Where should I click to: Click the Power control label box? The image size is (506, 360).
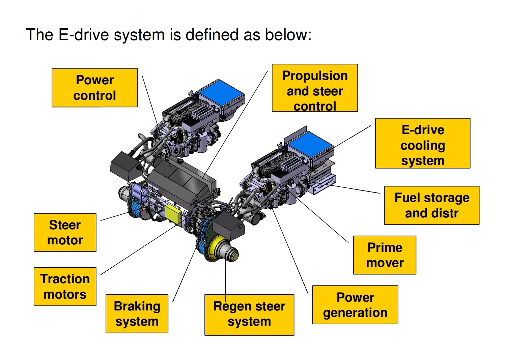tap(94, 88)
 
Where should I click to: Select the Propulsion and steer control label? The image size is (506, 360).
tap(314, 88)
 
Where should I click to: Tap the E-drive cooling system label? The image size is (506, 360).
tap(422, 143)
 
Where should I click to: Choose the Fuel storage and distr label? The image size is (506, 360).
tap(431, 205)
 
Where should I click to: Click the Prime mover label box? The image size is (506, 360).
tap(385, 255)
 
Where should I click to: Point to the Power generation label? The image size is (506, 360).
tap(355, 305)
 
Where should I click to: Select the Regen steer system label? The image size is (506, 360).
tap(249, 314)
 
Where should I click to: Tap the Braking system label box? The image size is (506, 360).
tap(137, 313)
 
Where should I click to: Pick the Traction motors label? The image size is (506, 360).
tap(65, 287)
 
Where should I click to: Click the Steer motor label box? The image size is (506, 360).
tap(65, 232)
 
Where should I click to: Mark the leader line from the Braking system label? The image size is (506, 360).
tap(184, 275)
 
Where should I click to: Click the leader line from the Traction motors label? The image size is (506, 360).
tap(138, 250)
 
